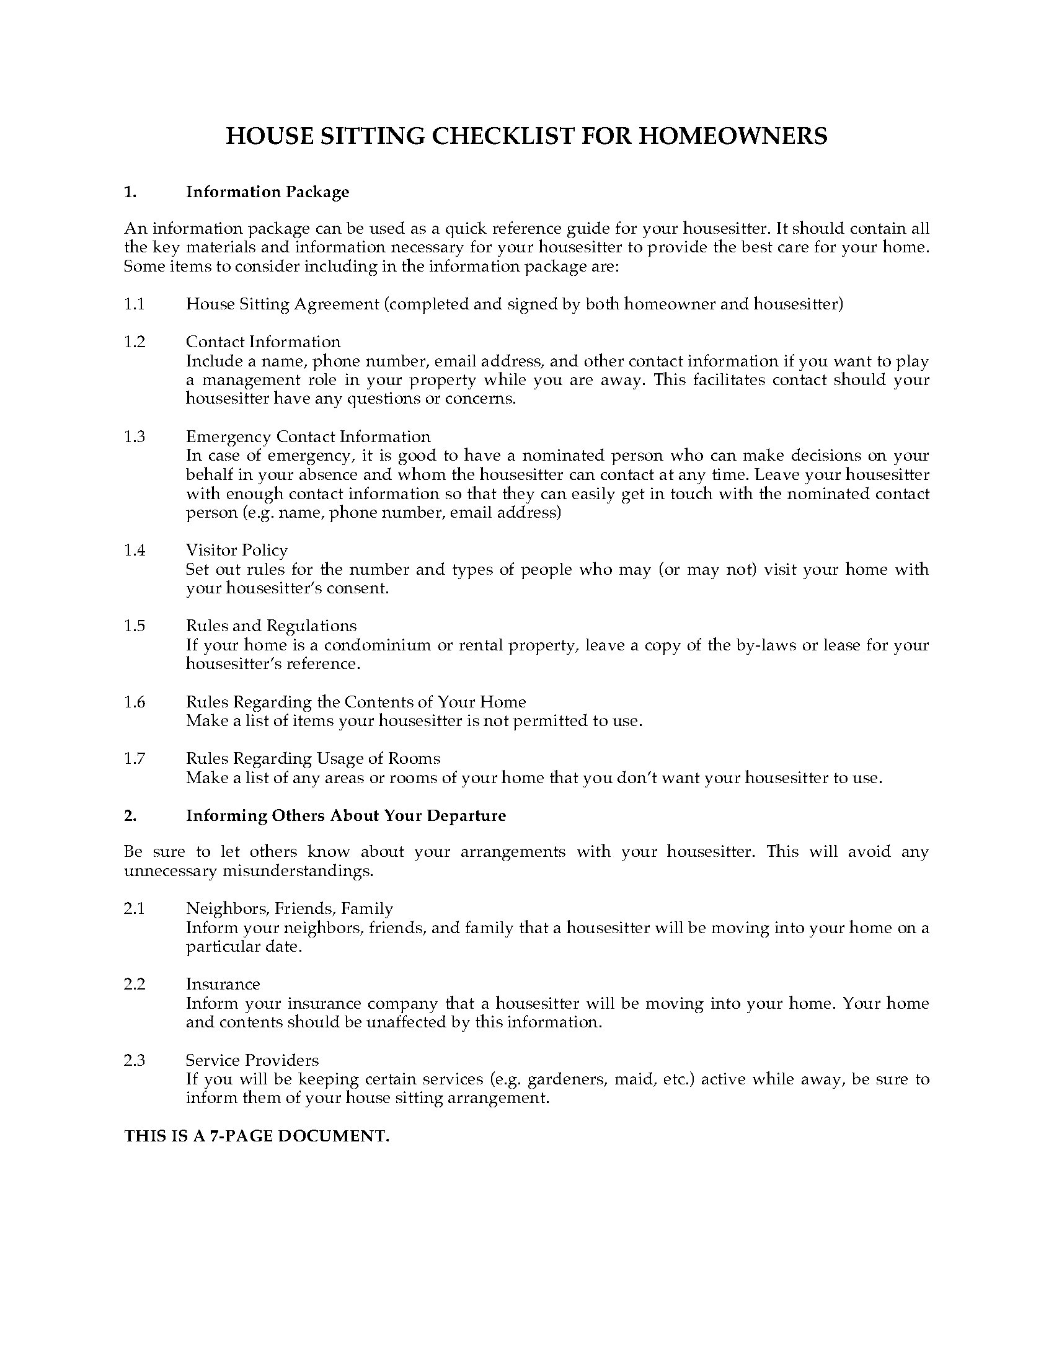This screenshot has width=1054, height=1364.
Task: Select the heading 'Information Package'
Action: [x=267, y=192]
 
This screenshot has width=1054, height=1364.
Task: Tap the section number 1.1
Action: [x=135, y=304]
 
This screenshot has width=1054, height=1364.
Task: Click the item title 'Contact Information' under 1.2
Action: [x=263, y=342]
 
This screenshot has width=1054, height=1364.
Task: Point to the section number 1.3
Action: [x=135, y=436]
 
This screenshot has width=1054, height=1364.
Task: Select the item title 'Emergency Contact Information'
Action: [x=308, y=436]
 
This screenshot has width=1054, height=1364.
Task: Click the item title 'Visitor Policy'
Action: [x=237, y=550]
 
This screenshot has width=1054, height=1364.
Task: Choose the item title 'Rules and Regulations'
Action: [x=271, y=626]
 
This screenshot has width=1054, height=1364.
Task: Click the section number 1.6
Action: [x=135, y=702]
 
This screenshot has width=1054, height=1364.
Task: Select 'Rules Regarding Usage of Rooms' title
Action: [x=313, y=758]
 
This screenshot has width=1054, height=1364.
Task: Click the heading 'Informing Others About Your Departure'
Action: [x=346, y=816]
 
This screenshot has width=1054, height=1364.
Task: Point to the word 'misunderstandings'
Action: [x=298, y=870]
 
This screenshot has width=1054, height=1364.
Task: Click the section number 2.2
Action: [x=135, y=985]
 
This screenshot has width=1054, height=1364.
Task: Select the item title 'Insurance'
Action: [x=223, y=985]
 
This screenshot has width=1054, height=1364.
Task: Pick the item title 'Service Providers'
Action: [x=252, y=1060]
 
